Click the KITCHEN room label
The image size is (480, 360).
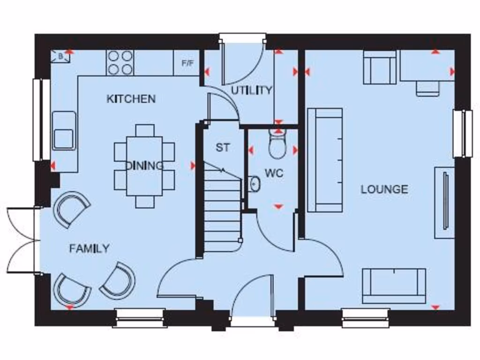click(x=131, y=99)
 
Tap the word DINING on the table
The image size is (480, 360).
click(x=144, y=165)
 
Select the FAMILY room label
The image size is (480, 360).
click(x=89, y=248)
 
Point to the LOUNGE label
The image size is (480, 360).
click(x=384, y=189)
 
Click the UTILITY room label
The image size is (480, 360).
click(x=251, y=90)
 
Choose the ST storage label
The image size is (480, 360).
click(x=223, y=148)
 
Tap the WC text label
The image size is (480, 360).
click(x=274, y=173)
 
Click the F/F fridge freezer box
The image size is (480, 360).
click(x=187, y=63)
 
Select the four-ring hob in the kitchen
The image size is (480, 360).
click(x=120, y=63)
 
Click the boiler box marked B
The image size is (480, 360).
click(x=60, y=57)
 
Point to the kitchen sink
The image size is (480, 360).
click(x=64, y=131)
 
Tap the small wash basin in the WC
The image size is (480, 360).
click(x=255, y=184)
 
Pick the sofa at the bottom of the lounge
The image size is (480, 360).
click(x=394, y=285)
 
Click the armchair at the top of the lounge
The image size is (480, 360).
click(x=380, y=67)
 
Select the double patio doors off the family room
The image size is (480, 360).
click(x=22, y=240)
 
